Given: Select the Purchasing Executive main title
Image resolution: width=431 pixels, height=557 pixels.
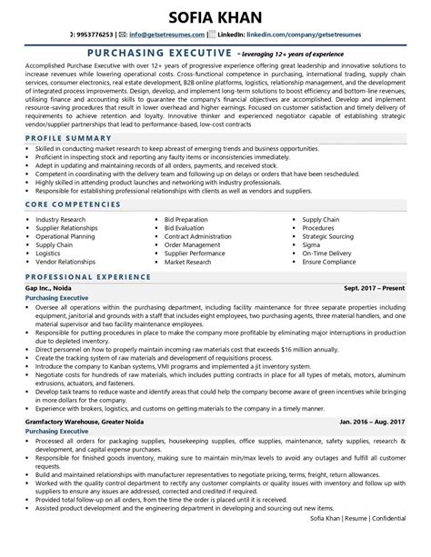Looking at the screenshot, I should coord(143,55).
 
